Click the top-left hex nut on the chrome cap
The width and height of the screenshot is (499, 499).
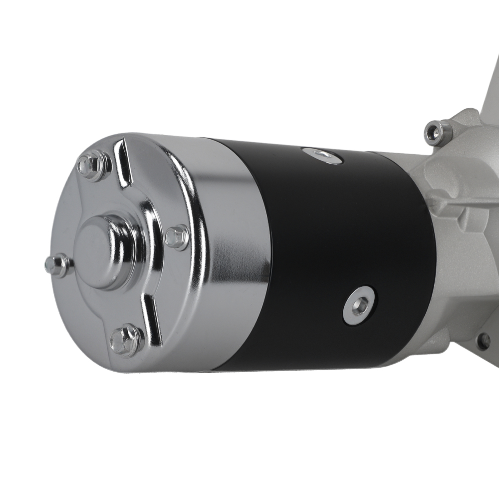pos(93,165)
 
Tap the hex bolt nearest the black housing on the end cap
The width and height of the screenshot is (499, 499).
pos(177,238)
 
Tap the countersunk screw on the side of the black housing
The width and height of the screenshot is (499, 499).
pos(359,305)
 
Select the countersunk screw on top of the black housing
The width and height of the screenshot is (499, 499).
pos(322,156)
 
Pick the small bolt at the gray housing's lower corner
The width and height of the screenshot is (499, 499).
pos(483,341)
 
